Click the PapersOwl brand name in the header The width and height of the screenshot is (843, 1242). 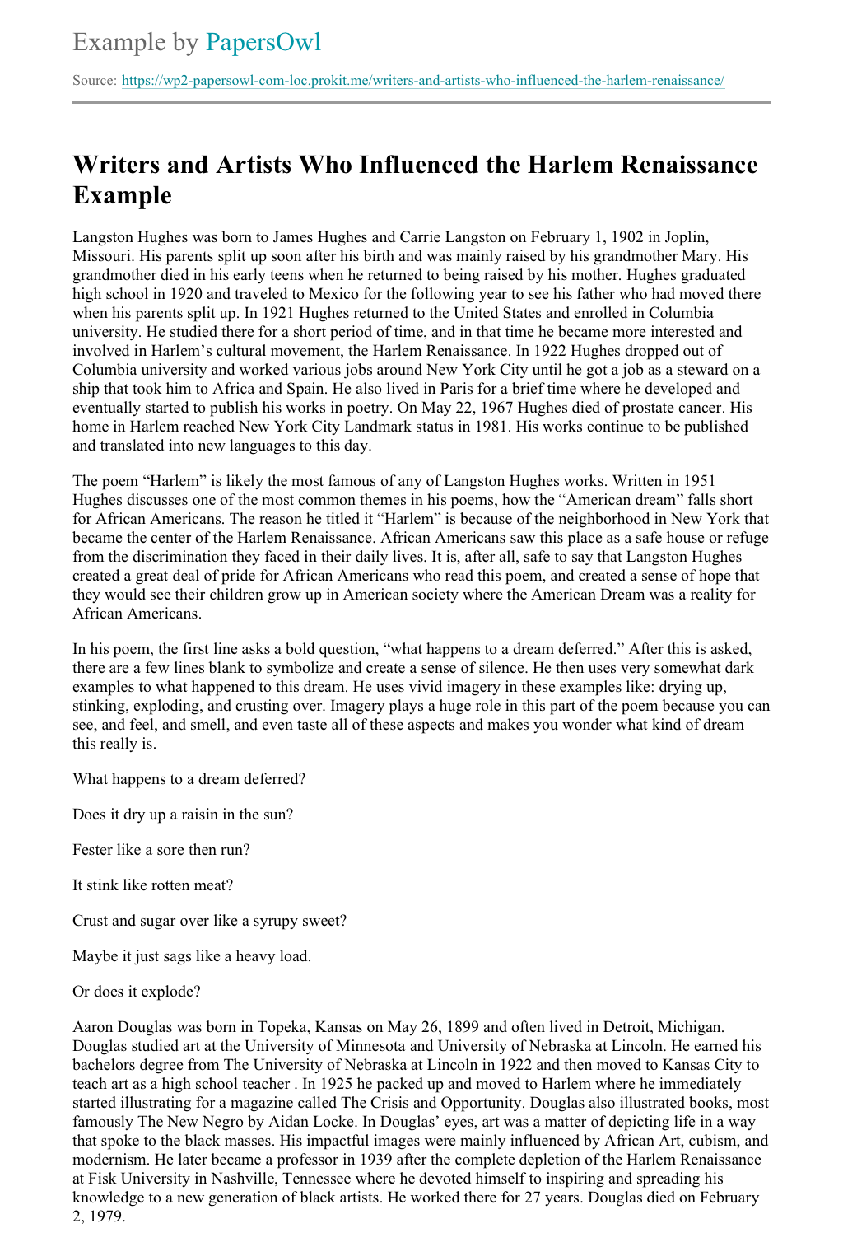(263, 42)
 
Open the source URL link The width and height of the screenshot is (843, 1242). (422, 81)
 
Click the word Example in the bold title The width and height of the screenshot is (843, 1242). (122, 195)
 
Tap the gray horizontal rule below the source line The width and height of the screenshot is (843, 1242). (421, 103)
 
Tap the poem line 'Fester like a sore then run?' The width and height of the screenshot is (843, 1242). (161, 850)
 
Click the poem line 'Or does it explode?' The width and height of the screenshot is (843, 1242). (137, 992)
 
